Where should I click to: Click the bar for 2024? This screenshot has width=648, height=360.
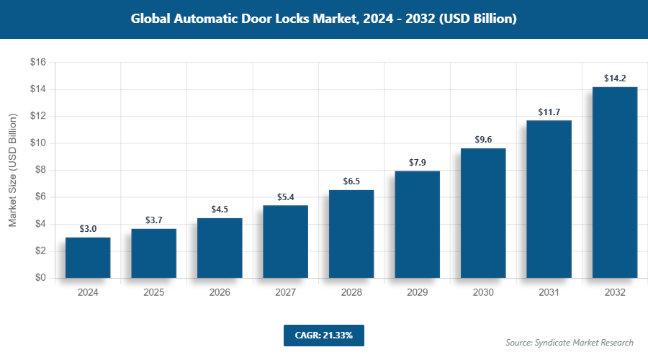pos(88,258)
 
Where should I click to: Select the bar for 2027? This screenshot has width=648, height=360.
pos(285,242)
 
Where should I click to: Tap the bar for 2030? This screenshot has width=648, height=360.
pos(483,213)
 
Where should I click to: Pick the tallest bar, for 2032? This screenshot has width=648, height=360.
pos(615,182)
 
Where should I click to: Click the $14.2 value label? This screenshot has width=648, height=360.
pos(615,78)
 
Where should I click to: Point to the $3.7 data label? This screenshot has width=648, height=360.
pos(153,220)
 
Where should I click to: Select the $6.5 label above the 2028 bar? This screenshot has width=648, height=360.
pos(351,181)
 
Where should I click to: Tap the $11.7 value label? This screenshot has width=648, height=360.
pos(549,112)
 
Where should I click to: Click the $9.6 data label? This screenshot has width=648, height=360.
pos(483,140)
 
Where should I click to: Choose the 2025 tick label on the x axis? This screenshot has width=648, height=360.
pos(153,293)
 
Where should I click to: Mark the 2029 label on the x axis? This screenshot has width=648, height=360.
pos(417,293)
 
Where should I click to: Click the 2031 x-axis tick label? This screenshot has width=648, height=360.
pos(549,293)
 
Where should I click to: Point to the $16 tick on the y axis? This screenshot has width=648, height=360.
pos(37,63)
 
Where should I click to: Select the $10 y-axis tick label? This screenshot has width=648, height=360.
pos(37,143)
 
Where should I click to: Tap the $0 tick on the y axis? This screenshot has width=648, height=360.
pos(40,278)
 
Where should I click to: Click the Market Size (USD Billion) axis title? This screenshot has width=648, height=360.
pos(13,170)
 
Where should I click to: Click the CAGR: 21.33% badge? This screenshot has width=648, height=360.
pos(324,335)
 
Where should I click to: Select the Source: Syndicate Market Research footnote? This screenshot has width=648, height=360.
pos(570,342)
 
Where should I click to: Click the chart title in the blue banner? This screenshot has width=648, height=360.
pos(324,19)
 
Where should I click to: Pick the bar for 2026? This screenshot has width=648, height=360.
pos(220,248)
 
